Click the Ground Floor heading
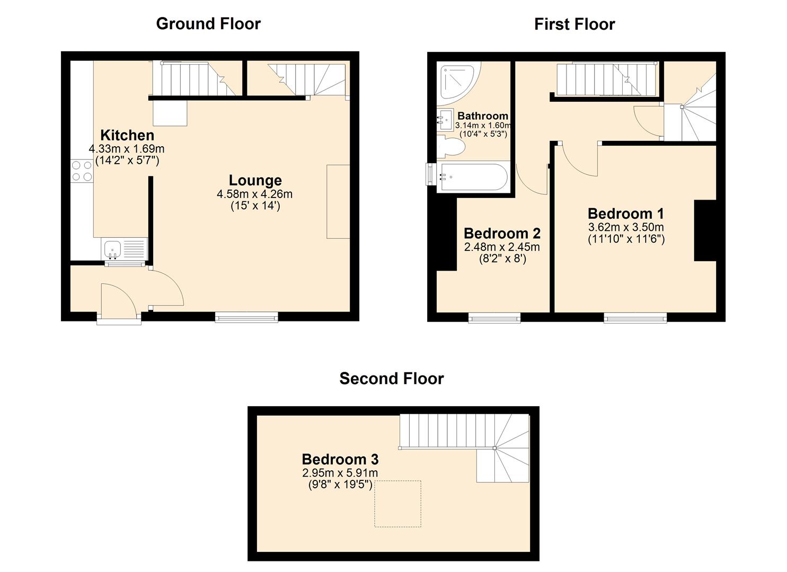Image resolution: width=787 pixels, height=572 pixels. click(208, 24)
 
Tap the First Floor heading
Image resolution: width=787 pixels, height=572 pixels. click(574, 24)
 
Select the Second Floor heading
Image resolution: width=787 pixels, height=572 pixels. click(391, 379)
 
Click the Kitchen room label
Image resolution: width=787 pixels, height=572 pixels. click(127, 135)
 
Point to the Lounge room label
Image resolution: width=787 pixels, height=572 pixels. click(255, 180)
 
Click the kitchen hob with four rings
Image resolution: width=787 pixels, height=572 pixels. click(82, 171)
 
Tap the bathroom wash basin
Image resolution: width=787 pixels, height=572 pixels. click(444, 118)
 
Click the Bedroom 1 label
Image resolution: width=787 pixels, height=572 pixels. click(625, 214)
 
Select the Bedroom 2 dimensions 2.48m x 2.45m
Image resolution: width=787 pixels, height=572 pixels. click(501, 247)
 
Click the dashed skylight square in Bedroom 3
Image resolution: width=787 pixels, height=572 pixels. click(397, 504)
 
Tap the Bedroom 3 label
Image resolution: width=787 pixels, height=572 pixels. click(340, 459)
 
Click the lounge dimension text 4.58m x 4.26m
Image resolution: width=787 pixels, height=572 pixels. click(254, 194)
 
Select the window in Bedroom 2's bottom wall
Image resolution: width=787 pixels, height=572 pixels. click(494, 318)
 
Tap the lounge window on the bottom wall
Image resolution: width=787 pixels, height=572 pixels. click(246, 317)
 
